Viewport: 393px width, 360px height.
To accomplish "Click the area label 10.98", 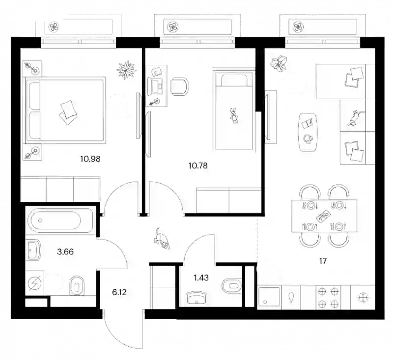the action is [90, 159].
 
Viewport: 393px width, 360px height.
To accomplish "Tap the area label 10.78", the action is [198, 166].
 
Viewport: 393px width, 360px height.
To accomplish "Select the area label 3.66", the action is [65, 251].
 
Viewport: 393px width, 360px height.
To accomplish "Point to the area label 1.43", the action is [201, 277].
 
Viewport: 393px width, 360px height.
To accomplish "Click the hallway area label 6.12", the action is [119, 292].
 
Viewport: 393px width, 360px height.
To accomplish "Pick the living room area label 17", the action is [323, 261].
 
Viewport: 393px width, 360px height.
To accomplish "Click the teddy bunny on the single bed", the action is [234, 115].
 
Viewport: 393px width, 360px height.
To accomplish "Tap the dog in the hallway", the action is [162, 239].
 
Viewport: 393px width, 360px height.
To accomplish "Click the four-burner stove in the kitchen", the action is [328, 298].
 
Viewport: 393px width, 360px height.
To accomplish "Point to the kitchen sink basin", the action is [269, 297].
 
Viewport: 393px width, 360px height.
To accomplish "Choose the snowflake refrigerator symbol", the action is [363, 298].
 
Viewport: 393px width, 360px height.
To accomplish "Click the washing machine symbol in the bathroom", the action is [35, 283].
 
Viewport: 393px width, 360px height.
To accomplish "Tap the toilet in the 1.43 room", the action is [232, 286].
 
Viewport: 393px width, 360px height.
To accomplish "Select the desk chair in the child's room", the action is [179, 86].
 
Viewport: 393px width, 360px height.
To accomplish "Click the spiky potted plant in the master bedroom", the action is [127, 70].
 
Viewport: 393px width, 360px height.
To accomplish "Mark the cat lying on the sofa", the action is [355, 118].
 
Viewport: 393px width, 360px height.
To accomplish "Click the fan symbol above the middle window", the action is [173, 27].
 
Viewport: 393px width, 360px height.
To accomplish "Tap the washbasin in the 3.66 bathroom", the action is [33, 250].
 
